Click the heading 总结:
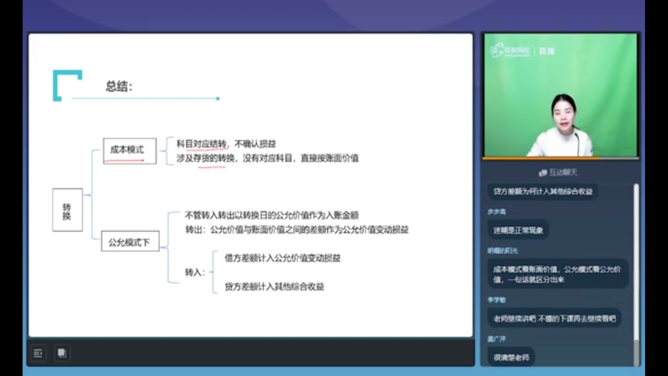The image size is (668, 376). tap(119, 87)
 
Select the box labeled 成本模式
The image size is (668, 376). tap(129, 150)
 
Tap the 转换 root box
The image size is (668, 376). tap(67, 210)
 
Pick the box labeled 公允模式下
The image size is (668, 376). tap(130, 242)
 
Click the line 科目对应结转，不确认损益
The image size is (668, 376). tap(226, 144)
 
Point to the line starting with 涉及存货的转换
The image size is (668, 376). tap(267, 158)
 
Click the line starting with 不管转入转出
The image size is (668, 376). tap(272, 215)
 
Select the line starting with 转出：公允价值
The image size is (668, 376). tap(296, 229)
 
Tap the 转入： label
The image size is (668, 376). tap(195, 272)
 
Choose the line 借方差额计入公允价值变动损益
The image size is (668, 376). tap(283, 258)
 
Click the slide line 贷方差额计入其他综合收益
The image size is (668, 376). tap(274, 286)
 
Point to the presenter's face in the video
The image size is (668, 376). tap(564, 113)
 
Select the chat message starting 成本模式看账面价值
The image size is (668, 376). tap(557, 274)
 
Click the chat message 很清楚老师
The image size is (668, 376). tap(511, 357)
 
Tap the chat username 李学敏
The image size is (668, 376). tap(497, 300)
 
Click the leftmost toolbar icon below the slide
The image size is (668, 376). tap(38, 353)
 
